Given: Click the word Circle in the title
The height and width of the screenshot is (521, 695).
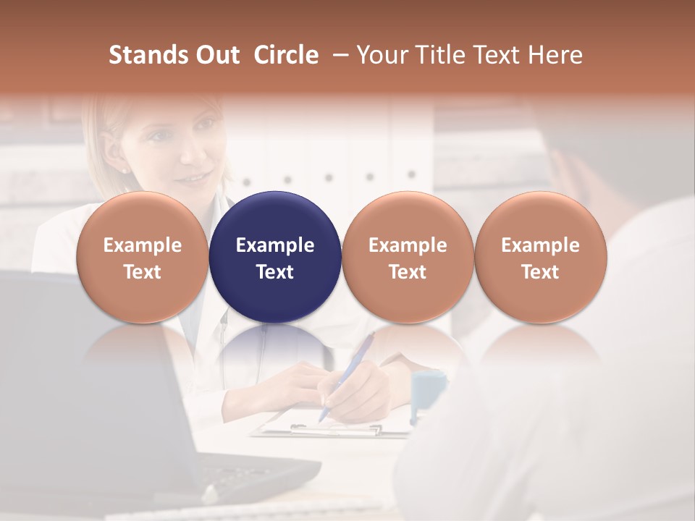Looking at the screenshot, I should click(286, 55).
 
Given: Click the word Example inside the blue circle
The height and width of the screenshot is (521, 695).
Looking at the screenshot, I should click(275, 245).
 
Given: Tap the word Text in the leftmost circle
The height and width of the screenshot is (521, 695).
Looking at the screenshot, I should click(142, 272).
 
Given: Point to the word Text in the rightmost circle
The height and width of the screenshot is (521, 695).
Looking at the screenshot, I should click(540, 272).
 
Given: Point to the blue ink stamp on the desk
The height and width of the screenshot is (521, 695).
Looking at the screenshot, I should click(427, 391).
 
